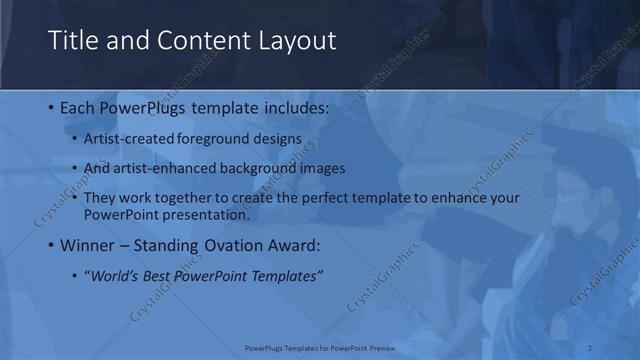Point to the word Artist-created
130,138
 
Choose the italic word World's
111,275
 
